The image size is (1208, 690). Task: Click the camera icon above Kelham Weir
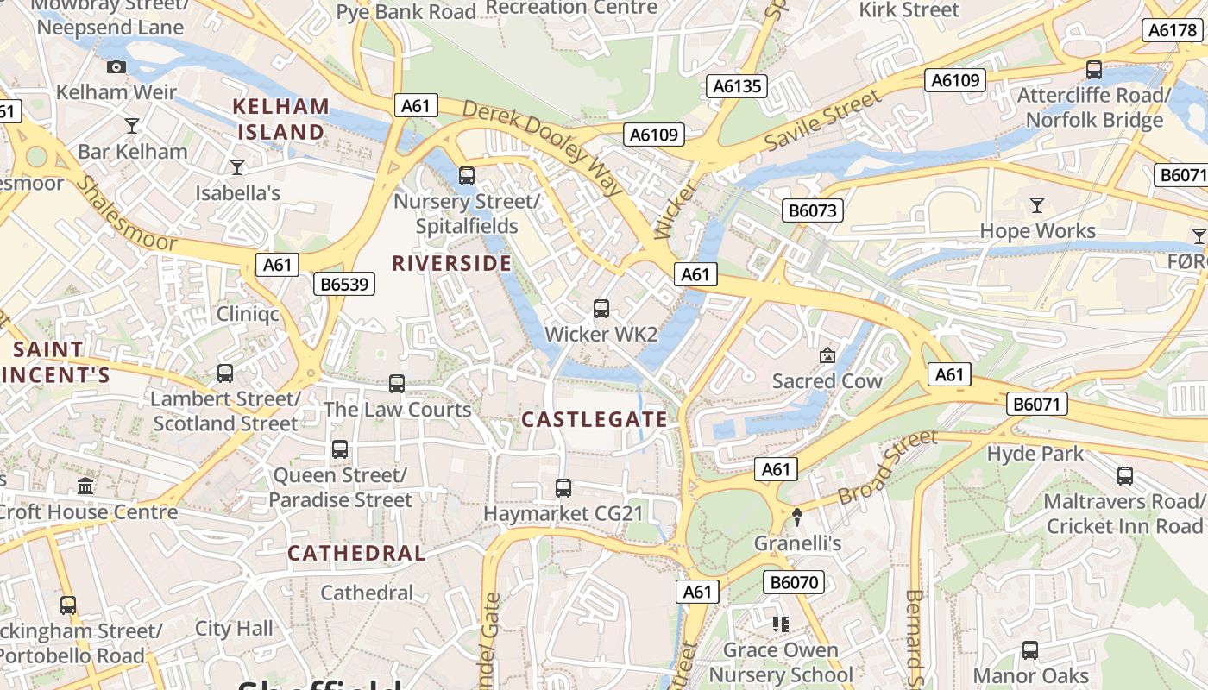coord(116,66)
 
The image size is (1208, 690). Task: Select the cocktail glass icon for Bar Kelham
coord(132,126)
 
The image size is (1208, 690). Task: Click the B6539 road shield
coord(343,284)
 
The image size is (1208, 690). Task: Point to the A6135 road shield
coord(737,85)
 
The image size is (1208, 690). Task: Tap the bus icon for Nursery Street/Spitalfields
coord(467,176)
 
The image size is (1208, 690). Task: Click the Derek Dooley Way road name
coord(543,147)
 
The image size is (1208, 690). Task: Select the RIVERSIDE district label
coord(452,263)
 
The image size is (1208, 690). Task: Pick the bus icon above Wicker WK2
coord(601,309)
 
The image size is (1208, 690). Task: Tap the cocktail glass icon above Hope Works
coord(1037,205)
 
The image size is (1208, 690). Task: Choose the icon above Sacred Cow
coord(827,355)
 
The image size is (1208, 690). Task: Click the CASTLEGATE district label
coord(595,420)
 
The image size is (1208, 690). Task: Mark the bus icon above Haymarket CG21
coord(563,488)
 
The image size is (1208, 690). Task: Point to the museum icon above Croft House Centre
coord(85,486)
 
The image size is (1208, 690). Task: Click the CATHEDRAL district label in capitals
coord(356,553)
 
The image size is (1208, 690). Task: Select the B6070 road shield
coord(794,582)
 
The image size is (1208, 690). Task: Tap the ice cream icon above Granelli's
coord(797,517)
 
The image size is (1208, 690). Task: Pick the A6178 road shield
coord(1173,30)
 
